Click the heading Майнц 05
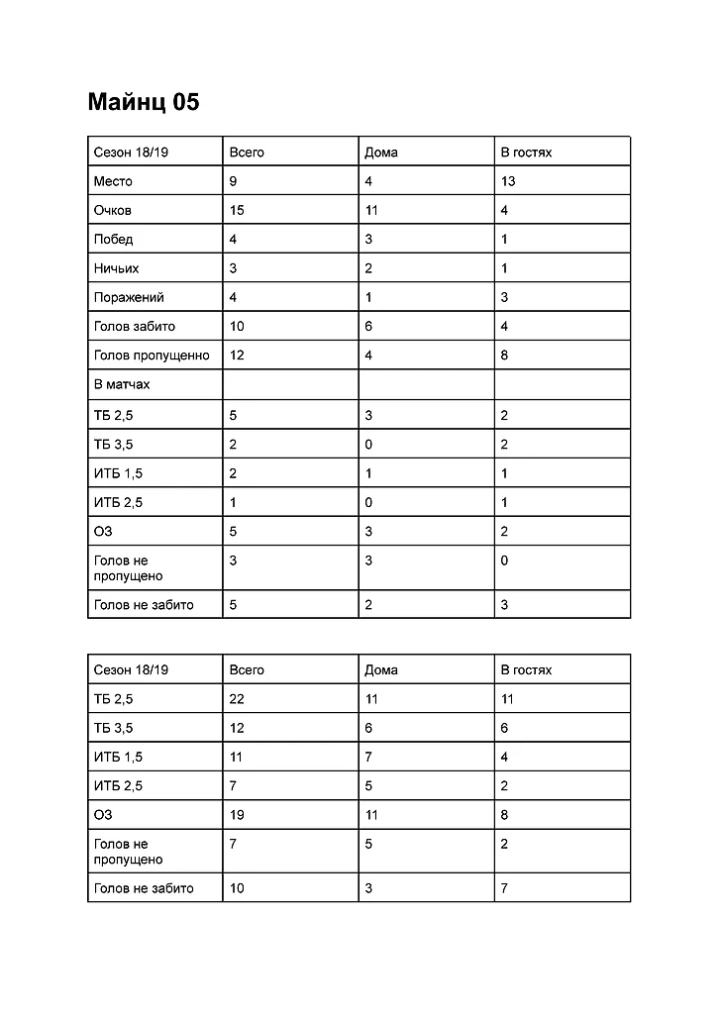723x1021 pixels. tap(143, 102)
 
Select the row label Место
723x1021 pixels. tap(113, 181)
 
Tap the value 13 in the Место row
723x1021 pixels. tap(508, 181)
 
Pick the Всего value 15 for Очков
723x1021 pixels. tap(237, 210)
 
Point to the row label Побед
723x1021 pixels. tap(113, 239)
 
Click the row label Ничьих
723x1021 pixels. tap(116, 268)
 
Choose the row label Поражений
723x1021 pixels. tap(129, 297)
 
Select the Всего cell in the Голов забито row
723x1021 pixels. tap(237, 326)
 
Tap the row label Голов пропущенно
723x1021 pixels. tap(152, 355)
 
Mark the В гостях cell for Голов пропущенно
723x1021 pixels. tap(504, 355)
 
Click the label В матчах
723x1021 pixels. tap(122, 384)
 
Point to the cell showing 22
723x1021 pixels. tap(237, 699)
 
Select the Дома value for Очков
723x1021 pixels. tap(371, 210)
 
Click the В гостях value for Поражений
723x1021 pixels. tap(504, 297)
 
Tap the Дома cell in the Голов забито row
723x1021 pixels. tap(368, 326)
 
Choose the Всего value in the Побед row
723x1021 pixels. tap(233, 239)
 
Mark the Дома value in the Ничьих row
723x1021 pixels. tap(368, 268)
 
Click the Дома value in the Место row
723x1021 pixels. tap(368, 181)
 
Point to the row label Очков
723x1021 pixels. tap(112, 210)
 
